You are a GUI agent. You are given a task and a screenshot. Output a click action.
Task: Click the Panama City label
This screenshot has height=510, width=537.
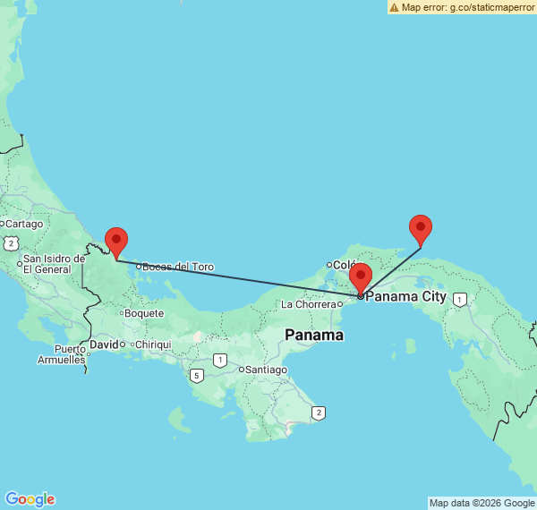point(406,296)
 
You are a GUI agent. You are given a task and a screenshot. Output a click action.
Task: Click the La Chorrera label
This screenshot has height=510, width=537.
point(309,304)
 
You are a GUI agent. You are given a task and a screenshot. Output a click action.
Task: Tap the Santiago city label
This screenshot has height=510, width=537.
point(267,370)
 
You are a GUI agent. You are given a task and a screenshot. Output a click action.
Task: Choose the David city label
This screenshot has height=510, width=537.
point(105,344)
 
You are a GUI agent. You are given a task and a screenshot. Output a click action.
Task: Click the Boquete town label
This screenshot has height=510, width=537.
point(144,313)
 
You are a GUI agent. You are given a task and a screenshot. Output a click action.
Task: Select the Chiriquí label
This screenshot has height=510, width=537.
point(153,344)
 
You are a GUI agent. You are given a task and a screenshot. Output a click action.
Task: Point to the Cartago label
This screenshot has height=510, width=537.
point(24,224)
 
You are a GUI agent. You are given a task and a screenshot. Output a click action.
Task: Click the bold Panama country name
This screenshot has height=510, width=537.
point(314,336)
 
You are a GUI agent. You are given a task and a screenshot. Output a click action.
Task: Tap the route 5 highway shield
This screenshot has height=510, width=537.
point(196,375)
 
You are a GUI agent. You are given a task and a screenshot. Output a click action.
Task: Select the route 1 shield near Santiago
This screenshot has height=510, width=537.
point(219,360)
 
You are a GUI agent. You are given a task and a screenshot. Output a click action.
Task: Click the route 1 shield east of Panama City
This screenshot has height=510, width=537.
point(459,300)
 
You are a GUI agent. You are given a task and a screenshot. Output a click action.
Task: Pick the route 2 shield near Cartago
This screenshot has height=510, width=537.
point(10,242)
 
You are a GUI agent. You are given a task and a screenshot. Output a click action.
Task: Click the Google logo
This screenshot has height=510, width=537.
point(30,499)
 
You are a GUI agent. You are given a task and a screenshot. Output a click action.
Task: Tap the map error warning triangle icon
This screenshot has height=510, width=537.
point(394,7)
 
